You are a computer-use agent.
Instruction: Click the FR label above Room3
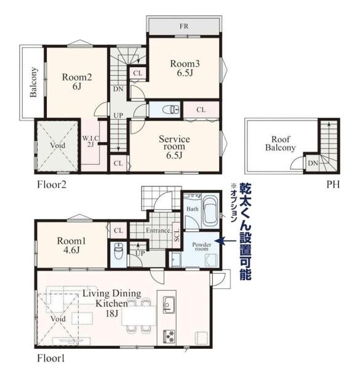pos(184,26)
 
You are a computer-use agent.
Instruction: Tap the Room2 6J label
pos(77,82)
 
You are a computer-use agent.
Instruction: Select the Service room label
pos(174,147)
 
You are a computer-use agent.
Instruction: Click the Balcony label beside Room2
pos(34,82)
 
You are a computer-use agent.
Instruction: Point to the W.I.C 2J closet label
pos(90,141)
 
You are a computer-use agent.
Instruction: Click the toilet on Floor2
pos(171,109)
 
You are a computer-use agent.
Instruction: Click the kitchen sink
pos(169,304)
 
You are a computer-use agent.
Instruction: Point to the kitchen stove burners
pos(169,336)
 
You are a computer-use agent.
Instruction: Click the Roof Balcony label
pos(280,143)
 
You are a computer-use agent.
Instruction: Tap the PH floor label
pos(333,184)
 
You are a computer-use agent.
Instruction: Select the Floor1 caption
pos(51,359)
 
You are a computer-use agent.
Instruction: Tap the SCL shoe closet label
pos(177,235)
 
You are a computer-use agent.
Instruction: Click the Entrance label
pos(158,231)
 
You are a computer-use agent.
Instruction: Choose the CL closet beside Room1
pos(118,231)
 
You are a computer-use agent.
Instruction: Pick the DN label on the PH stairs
pos(313,163)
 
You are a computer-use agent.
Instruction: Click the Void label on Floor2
pos(57,145)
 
